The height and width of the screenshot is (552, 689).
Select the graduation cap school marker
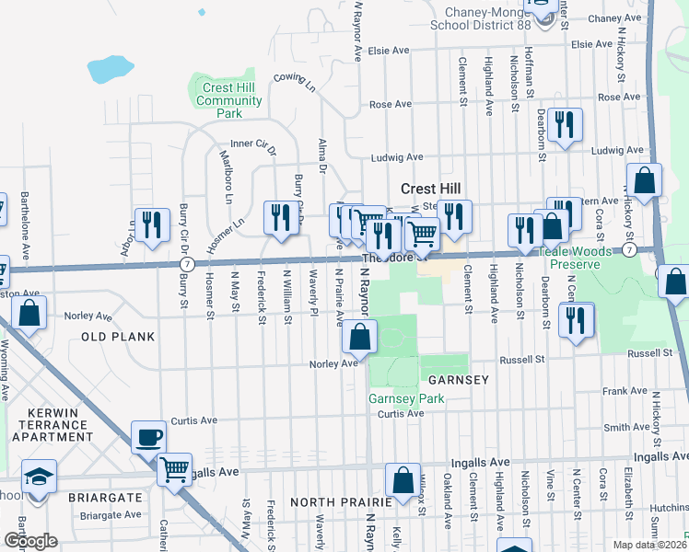[x=39, y=477]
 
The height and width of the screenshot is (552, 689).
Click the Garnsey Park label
[x=406, y=398]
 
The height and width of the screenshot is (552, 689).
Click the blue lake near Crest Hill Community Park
[x=110, y=68]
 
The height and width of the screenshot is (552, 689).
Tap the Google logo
[x=30, y=541]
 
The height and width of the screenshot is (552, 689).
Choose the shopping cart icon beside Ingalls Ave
[x=173, y=469]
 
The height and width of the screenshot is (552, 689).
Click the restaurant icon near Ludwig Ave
[x=564, y=124]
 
